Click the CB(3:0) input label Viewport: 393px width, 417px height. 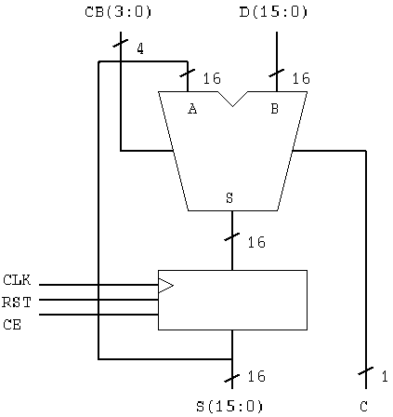click(118, 12)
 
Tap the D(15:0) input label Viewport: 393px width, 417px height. click(273, 12)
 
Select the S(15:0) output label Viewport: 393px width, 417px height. click(229, 406)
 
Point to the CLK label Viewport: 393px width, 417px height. click(17, 280)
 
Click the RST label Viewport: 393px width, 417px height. click(17, 303)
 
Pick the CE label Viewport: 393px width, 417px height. click(12, 325)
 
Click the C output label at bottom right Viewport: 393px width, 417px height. click(364, 406)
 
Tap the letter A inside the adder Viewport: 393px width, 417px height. click(192, 109)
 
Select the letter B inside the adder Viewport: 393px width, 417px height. click(274, 109)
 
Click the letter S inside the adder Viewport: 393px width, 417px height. click(229, 197)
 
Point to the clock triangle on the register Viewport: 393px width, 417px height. click(165, 286)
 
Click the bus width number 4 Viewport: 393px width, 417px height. click(140, 49)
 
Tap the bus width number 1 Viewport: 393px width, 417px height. click(385, 376)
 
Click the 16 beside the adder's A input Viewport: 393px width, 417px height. click(212, 78)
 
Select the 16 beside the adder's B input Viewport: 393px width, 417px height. click(301, 78)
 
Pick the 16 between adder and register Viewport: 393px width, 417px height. click(256, 242)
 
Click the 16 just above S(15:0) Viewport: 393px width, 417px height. click(256, 376)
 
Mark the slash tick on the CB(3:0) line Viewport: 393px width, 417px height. click(121, 43)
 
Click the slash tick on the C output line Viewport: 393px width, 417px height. click(366, 370)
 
